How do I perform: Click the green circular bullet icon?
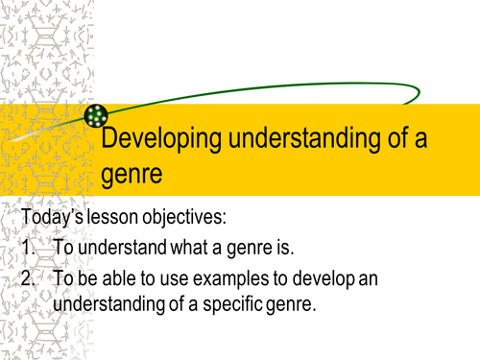(96, 117)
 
